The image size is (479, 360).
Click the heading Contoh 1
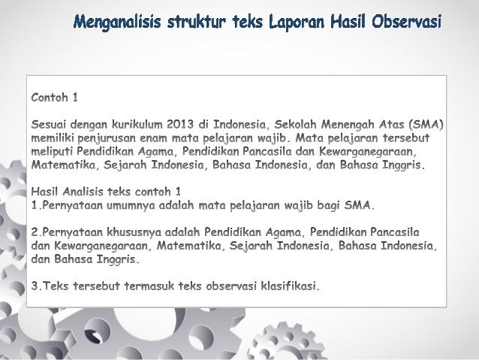[53, 98]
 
